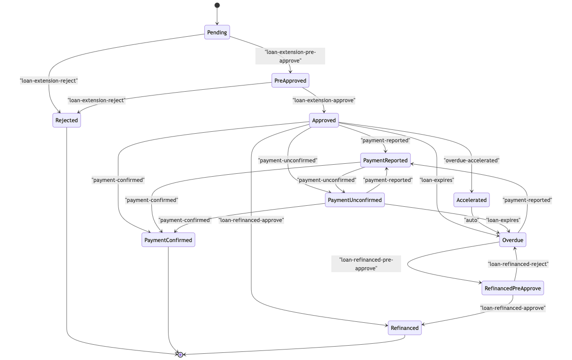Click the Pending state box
click(x=217, y=32)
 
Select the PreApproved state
click(x=290, y=81)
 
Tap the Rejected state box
click(x=66, y=120)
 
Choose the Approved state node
click(x=324, y=120)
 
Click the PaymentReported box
click(x=385, y=160)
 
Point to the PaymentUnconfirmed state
click(x=355, y=200)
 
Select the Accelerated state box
click(x=471, y=200)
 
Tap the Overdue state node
click(x=512, y=240)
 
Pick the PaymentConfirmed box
click(x=168, y=240)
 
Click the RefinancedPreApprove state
click(x=512, y=288)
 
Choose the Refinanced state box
click(x=404, y=328)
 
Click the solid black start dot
click(x=217, y=5)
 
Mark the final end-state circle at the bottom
click(x=180, y=354)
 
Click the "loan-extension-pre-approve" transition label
click(x=290, y=56)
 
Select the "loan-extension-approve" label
click(x=324, y=101)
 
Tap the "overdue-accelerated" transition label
click(x=471, y=160)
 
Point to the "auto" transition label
click(x=471, y=220)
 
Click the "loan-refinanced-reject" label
click(x=518, y=264)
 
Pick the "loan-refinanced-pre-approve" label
click(x=366, y=264)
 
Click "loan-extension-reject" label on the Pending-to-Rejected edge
click(x=49, y=81)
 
